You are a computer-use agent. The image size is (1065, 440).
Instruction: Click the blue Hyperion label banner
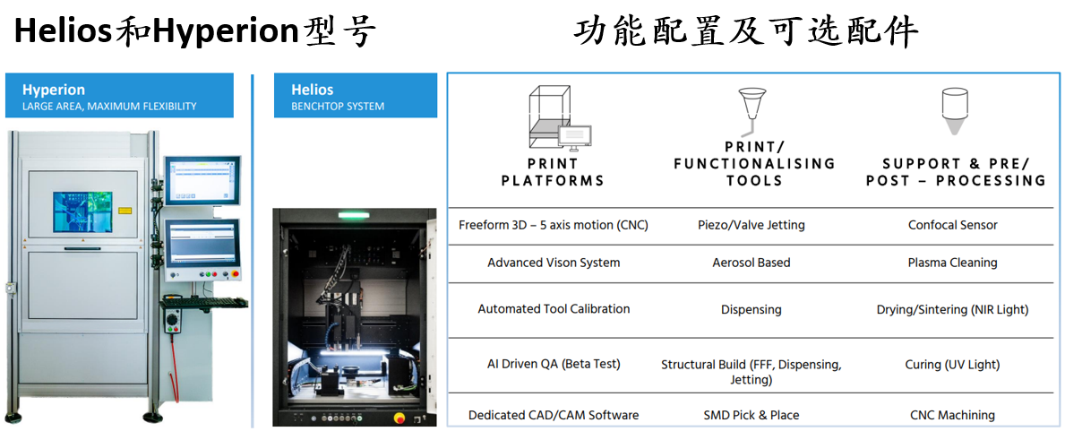click(119, 96)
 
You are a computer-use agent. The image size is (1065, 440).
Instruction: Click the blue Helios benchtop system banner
click(355, 96)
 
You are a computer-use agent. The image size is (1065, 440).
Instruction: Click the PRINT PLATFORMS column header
click(553, 172)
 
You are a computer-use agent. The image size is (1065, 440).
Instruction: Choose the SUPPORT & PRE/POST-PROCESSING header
click(955, 172)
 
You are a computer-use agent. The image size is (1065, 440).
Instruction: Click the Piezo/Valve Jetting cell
click(751, 225)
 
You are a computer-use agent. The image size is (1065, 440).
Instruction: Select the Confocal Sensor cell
click(952, 225)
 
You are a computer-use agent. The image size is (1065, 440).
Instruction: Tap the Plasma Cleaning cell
click(952, 263)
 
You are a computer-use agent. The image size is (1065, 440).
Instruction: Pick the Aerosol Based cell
click(751, 263)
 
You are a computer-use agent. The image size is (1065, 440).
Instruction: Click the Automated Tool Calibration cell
click(554, 308)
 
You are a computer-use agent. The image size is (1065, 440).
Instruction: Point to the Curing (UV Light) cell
click(952, 364)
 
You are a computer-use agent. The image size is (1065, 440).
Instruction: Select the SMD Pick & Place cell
click(751, 415)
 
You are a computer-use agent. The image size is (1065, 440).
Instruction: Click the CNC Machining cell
click(952, 415)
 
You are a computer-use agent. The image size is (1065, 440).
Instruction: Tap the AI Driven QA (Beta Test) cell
click(554, 364)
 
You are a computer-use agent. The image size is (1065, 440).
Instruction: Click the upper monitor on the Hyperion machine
click(202, 179)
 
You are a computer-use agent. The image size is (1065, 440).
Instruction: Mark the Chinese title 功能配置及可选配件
click(745, 33)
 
